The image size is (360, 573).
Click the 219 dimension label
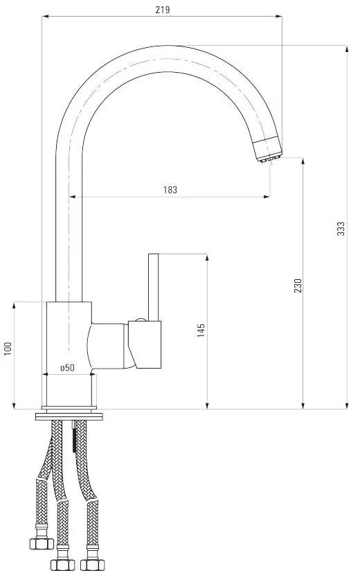(163, 10)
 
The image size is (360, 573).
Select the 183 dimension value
(170, 190)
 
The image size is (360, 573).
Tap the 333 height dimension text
(341, 229)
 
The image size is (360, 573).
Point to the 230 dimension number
(298, 285)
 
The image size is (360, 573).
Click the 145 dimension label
(201, 330)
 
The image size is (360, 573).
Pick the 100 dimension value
(8, 349)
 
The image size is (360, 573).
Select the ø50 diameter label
(68, 368)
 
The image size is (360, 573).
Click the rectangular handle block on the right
(145, 344)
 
